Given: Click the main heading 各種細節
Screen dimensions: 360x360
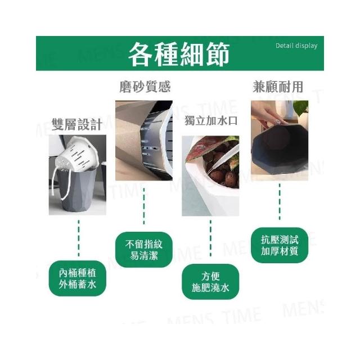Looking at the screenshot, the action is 179,54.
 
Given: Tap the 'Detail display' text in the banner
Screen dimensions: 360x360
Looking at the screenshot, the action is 296,46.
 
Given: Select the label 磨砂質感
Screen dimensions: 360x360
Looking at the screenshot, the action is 145,87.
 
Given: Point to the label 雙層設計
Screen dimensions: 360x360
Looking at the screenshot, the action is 77,124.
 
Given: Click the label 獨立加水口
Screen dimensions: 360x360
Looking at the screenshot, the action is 211,121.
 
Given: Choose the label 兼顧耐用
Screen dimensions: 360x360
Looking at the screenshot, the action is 278,87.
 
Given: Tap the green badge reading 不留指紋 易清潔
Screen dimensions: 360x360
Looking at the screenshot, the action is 144,250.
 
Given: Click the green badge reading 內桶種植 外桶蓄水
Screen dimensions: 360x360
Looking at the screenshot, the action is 78,278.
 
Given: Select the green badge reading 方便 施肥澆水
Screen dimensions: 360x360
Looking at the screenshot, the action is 210,282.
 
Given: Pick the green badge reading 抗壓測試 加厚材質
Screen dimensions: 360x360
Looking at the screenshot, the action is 280,245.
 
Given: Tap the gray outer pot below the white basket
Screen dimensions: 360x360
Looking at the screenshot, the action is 77,191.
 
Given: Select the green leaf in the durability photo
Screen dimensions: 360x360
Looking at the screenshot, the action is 301,109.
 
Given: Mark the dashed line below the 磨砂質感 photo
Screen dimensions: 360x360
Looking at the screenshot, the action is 144,206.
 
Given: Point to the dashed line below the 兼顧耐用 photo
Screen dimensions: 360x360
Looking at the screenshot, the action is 280,201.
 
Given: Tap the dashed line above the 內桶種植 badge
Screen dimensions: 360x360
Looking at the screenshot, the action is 79,238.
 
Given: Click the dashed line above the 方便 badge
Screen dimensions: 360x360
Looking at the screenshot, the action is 210,238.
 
